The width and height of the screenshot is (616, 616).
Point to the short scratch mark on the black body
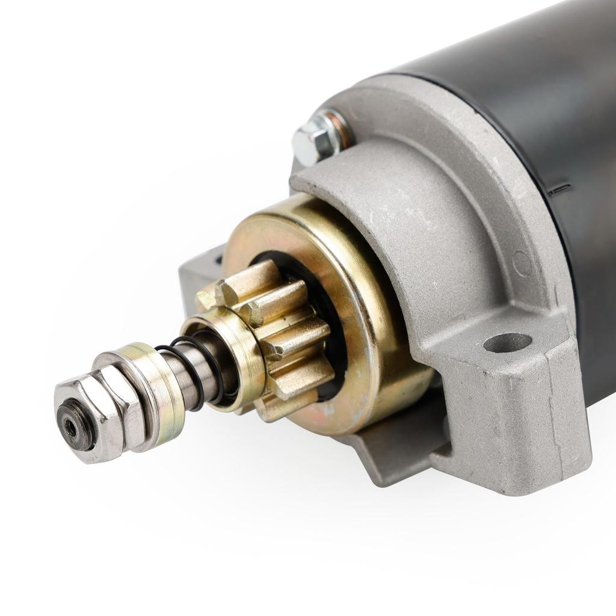pos(559,188)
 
